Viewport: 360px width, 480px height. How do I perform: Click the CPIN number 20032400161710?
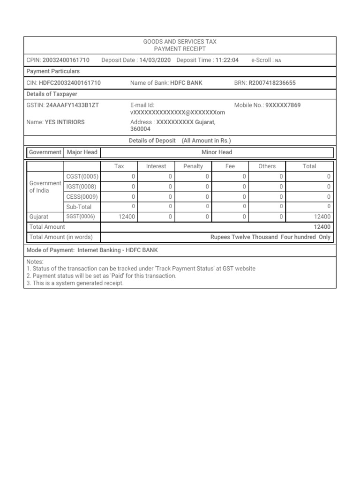(x=66, y=60)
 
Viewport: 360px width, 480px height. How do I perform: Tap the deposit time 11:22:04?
(x=227, y=60)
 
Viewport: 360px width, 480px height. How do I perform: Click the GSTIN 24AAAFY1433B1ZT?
(x=72, y=105)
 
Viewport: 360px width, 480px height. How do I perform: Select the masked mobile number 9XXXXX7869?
(x=283, y=105)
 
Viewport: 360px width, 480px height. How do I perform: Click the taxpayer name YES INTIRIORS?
(x=65, y=122)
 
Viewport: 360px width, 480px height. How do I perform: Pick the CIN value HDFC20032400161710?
(x=69, y=83)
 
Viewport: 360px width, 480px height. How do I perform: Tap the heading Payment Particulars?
(x=53, y=71)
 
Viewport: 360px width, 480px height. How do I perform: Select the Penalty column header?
(x=193, y=166)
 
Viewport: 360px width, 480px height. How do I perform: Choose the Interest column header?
(x=156, y=166)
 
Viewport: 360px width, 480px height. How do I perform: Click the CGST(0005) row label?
(x=82, y=176)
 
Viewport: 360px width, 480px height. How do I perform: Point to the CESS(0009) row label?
(x=82, y=196)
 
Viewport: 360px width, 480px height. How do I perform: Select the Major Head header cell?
(x=82, y=152)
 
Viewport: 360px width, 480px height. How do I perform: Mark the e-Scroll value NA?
(x=278, y=60)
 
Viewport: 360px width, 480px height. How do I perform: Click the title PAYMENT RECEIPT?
(x=180, y=49)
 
